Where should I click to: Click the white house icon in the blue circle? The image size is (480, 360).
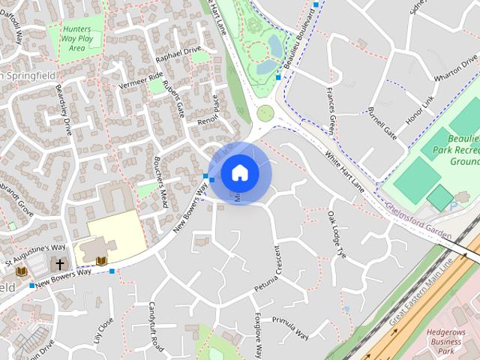point(239,172)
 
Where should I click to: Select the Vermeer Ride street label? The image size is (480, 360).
point(140,76)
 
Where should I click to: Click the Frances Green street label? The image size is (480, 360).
point(331,109)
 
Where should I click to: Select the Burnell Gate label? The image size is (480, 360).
point(382,123)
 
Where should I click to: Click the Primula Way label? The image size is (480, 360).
point(290,328)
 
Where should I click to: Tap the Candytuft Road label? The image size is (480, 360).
point(156,326)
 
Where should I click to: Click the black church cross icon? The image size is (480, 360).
point(59,264)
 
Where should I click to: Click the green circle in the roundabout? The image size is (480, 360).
point(265,113)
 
